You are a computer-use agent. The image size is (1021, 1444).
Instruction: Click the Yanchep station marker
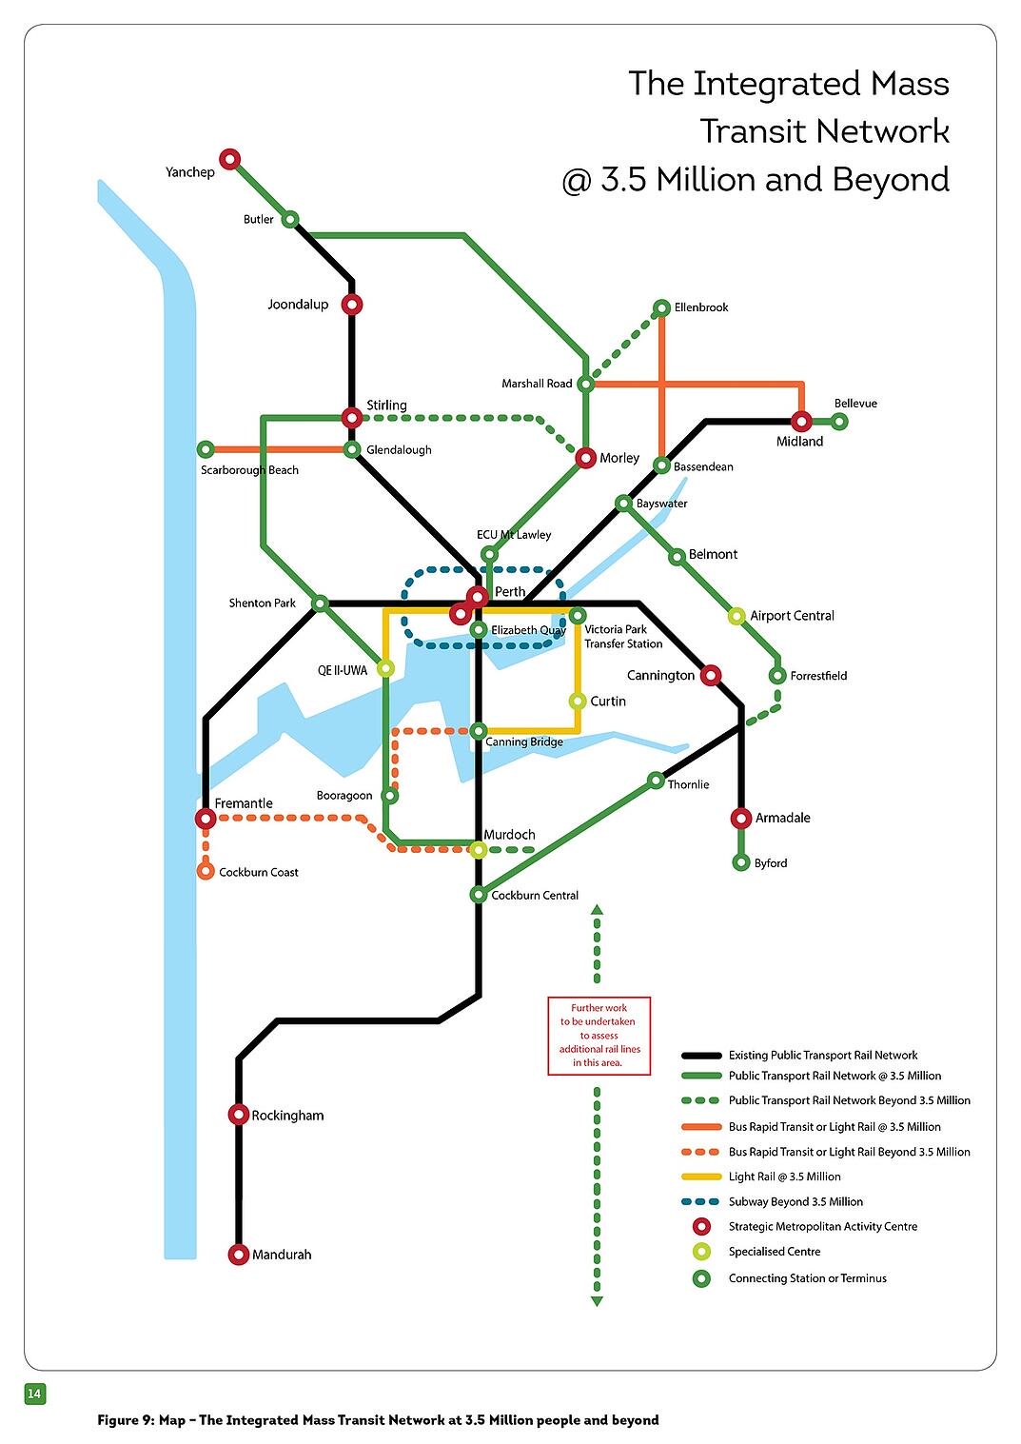point(229,159)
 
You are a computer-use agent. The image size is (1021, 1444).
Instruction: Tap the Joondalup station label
point(298,305)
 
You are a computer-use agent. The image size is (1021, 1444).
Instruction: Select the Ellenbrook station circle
point(662,307)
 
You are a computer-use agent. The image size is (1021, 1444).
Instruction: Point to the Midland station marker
point(802,421)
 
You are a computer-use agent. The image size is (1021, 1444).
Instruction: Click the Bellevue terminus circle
point(839,421)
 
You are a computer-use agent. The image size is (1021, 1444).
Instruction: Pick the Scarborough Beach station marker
point(206,449)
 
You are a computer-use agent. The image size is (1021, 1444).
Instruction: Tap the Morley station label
point(619,458)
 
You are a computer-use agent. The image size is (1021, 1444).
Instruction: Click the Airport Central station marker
point(736,616)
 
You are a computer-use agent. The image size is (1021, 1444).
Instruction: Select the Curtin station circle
point(578,702)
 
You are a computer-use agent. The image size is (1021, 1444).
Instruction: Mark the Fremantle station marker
point(206,819)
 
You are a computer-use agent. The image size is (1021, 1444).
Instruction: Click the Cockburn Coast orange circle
point(206,871)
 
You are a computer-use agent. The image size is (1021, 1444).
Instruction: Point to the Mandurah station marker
point(239,1255)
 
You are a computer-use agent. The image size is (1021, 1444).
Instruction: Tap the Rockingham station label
point(287,1116)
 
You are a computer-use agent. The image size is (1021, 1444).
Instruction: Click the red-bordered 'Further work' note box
point(599,1036)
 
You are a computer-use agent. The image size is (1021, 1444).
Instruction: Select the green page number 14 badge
point(34,1394)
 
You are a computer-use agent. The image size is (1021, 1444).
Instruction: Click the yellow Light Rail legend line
point(701,1177)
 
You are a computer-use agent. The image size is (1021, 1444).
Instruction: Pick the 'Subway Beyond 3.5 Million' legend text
point(795,1202)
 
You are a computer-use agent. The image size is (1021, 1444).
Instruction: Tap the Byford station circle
point(741,862)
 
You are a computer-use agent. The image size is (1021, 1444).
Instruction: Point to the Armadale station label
point(782,818)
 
